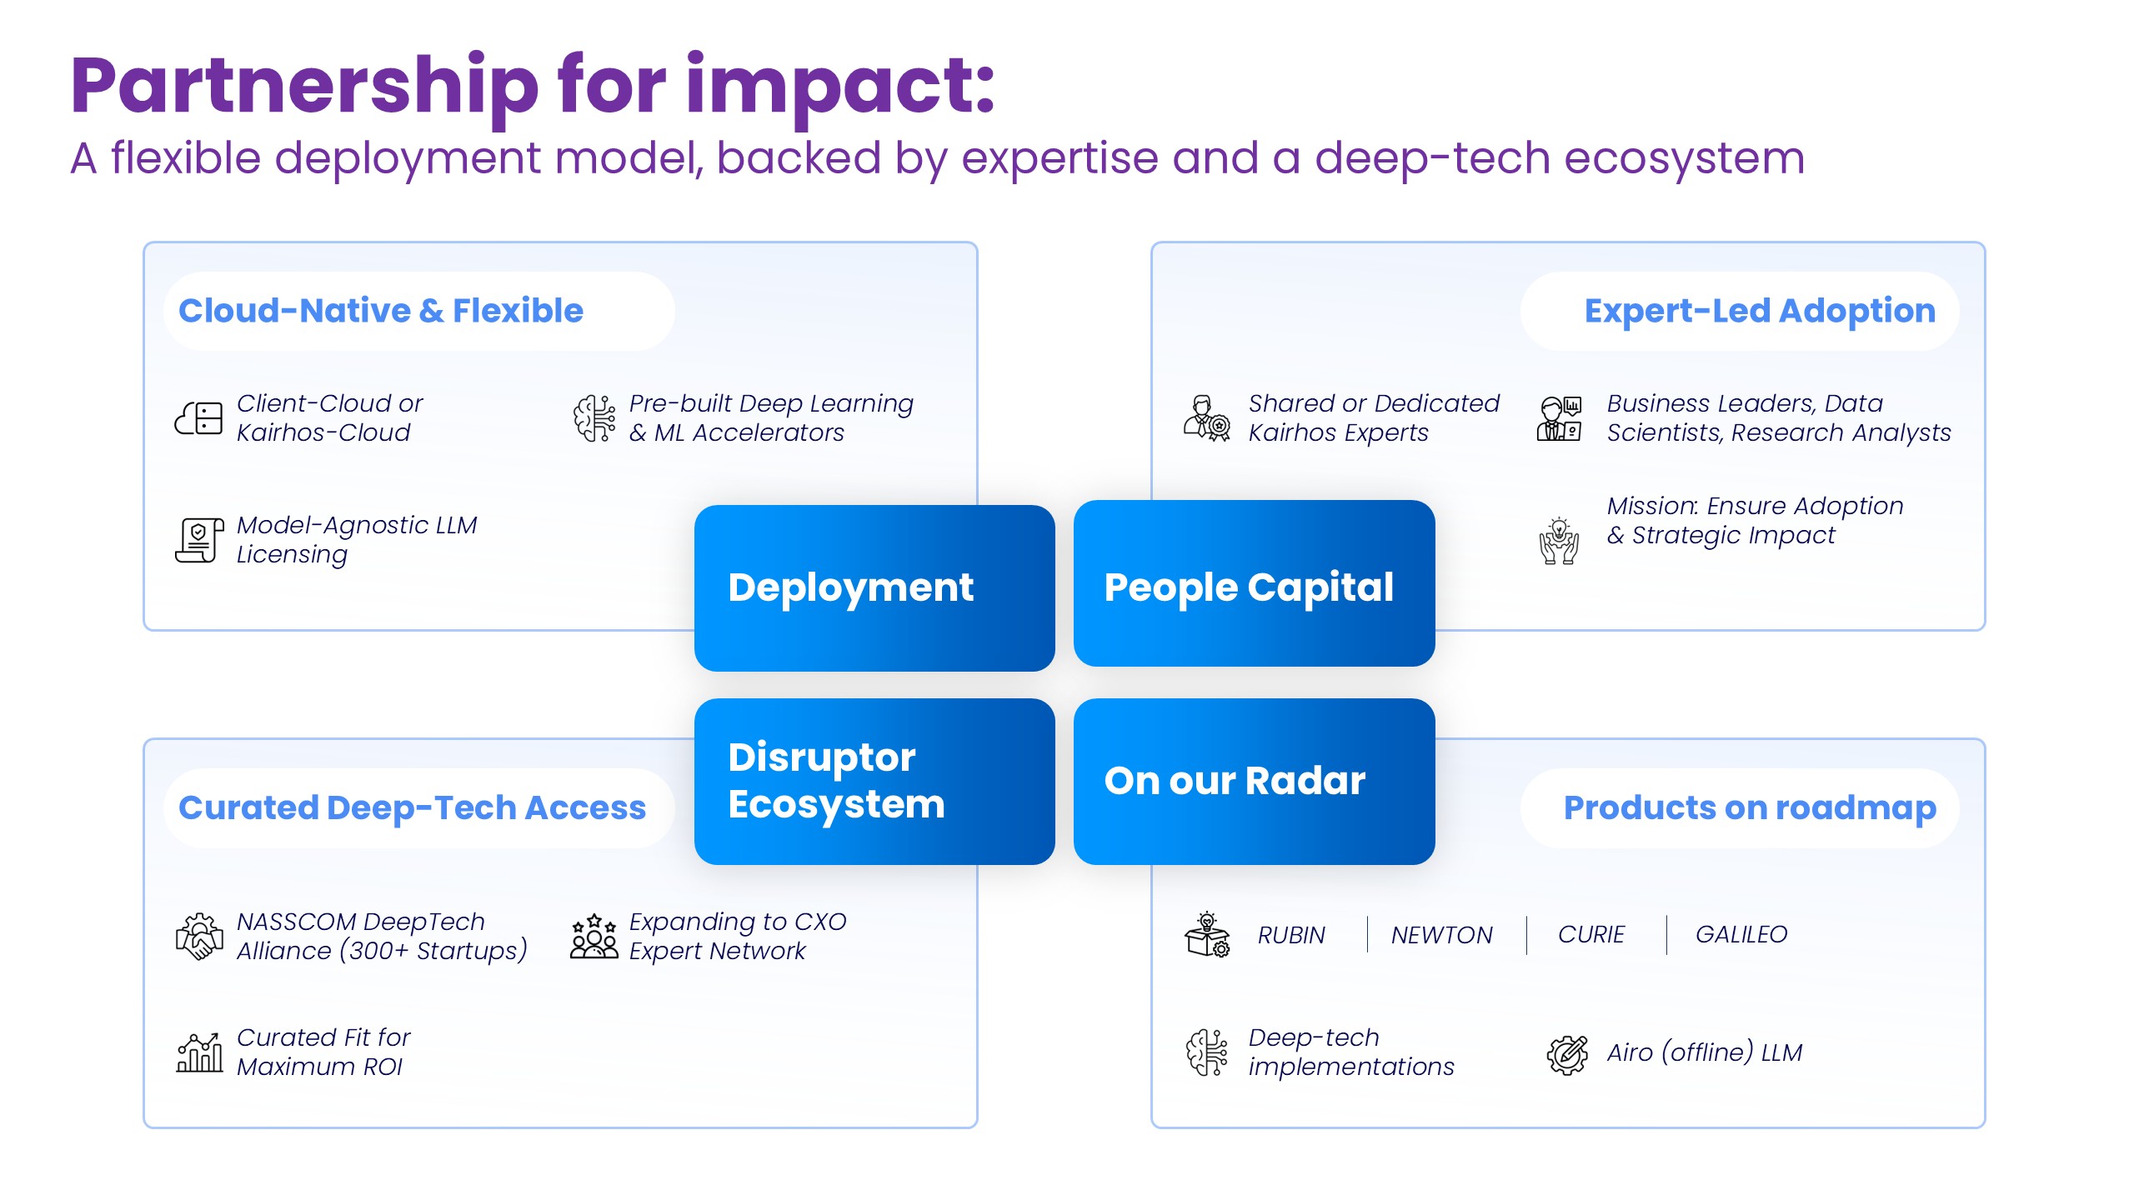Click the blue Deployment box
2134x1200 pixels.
click(874, 587)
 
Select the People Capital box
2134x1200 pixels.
click(1253, 583)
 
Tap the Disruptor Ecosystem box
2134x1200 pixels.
click(874, 781)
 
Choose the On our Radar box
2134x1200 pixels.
click(1253, 781)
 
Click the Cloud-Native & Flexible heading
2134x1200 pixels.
click(381, 311)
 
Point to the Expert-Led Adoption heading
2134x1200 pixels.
click(1759, 311)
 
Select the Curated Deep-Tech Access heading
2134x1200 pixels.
click(412, 807)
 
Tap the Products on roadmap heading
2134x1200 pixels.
click(1749, 807)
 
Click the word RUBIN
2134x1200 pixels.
click(1291, 935)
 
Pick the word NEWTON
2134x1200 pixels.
click(1441, 935)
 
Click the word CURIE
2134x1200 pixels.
click(1590, 935)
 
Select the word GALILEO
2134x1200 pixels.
click(1741, 935)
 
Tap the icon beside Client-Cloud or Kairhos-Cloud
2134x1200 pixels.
click(198, 417)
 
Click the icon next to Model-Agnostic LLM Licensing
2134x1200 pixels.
click(199, 540)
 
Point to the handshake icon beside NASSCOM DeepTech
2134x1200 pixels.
click(199, 936)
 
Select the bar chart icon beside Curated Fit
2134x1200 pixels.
click(199, 1052)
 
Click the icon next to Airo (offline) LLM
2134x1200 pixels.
click(1567, 1054)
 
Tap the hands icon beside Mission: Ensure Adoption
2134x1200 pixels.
click(1559, 542)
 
